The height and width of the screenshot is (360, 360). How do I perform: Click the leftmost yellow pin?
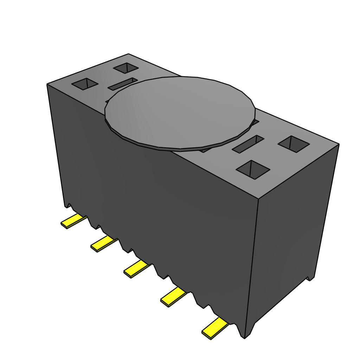73,221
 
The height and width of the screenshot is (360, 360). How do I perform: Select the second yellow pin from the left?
103,243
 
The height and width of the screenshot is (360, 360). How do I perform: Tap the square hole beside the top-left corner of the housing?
84,84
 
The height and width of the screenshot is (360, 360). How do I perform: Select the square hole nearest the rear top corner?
126,67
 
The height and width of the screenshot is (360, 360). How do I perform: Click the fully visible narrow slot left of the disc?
122,84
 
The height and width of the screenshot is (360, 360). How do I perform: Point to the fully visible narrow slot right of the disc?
248,144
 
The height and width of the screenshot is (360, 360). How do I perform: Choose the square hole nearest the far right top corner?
294,144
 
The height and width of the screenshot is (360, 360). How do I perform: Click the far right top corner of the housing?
339,144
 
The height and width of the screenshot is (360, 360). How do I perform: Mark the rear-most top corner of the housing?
129,54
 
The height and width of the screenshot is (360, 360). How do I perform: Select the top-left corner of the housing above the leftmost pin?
47,84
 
